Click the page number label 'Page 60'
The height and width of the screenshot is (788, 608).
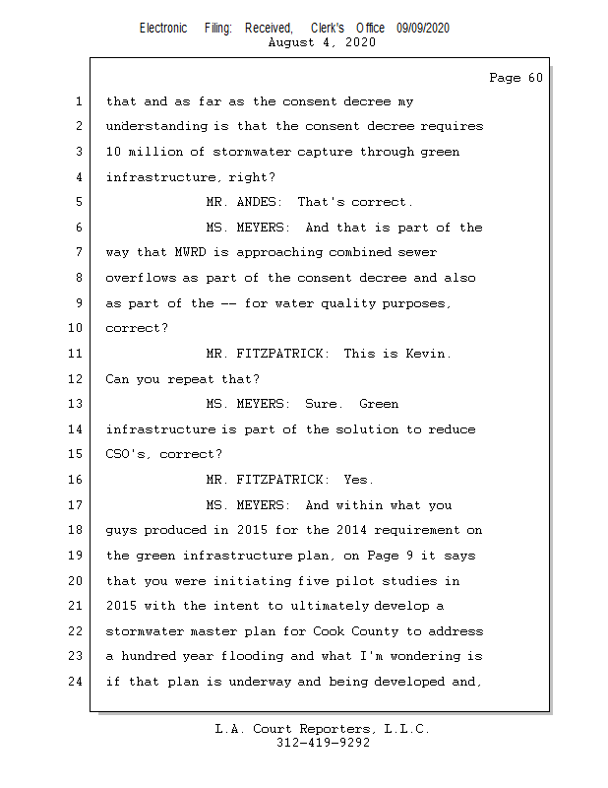point(516,78)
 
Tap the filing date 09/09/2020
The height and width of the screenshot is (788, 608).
point(423,28)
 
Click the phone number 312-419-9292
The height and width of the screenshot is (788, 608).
point(323,743)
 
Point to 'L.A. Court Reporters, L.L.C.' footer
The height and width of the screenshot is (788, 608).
point(323,729)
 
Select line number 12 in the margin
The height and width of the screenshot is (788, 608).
point(77,379)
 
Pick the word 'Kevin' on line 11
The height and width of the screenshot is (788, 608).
point(428,354)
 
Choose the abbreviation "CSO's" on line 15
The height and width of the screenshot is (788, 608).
point(128,455)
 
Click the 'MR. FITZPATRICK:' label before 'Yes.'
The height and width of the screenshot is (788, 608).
point(268,480)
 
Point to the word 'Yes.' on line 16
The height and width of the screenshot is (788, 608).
point(358,480)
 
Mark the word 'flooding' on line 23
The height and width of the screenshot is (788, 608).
point(259,656)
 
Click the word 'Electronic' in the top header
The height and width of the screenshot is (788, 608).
point(163,28)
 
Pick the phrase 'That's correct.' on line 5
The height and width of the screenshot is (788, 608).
point(355,202)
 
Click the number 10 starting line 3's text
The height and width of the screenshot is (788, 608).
point(114,152)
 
